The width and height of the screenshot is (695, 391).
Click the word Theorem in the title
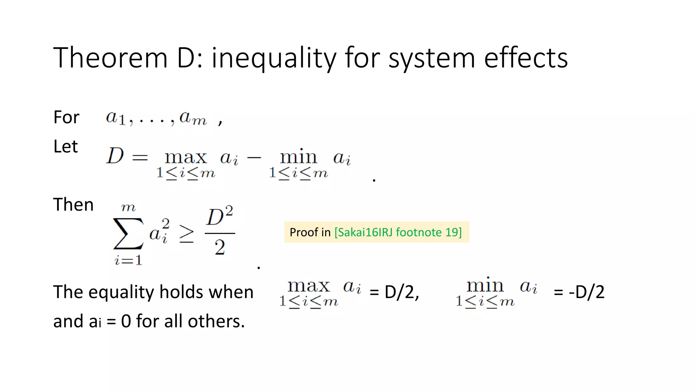coord(110,58)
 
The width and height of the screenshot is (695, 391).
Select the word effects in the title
coord(526,58)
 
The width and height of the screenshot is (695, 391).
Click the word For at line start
coord(66,117)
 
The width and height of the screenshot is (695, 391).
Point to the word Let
coord(65,147)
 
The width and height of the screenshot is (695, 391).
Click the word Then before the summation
coord(73,205)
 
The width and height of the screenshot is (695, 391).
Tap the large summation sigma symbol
coord(128,234)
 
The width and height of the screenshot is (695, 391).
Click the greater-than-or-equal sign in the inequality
coord(186,234)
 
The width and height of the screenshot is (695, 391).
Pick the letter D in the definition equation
coord(115,156)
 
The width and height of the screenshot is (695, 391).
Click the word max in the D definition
coord(186,157)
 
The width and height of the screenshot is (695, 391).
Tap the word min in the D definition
coord(298,157)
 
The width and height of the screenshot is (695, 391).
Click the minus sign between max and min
coord(254,157)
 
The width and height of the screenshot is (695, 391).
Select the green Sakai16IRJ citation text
coord(398,232)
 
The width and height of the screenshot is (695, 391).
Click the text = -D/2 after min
coord(579,292)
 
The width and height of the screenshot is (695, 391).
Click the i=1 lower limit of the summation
coord(128,261)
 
